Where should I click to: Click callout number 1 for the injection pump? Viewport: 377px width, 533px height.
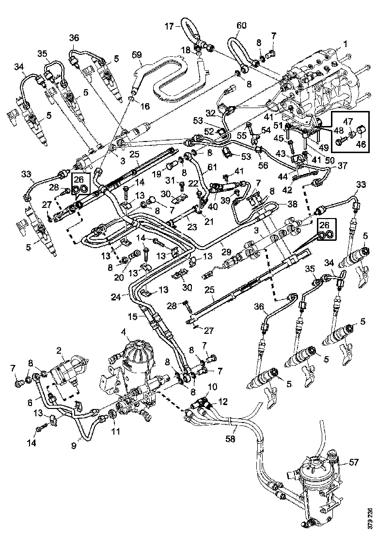coord(346,44)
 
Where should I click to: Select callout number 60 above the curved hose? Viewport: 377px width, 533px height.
coord(242,25)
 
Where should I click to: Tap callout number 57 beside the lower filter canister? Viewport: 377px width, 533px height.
coord(354,462)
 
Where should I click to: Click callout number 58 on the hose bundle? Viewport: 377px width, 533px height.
coord(231,439)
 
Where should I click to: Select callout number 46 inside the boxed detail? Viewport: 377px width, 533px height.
coord(361,144)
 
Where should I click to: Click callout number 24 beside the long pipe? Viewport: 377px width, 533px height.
coord(116,297)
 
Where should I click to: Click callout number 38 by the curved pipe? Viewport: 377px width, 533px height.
coord(292,204)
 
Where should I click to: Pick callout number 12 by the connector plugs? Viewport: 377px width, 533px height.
coord(222,402)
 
